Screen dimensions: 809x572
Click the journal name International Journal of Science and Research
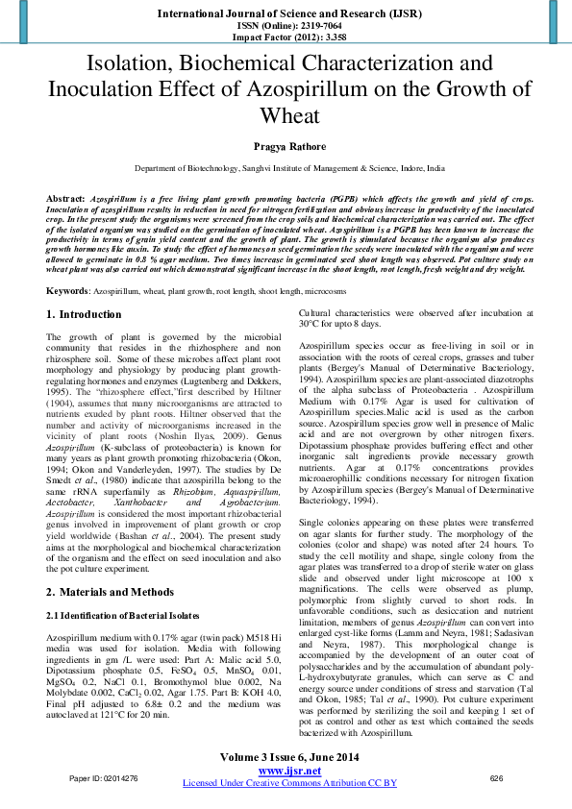pyautogui.click(x=286, y=12)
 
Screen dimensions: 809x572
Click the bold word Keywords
pyautogui.click(x=68, y=289)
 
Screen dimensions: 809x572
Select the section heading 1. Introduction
pyautogui.click(x=84, y=314)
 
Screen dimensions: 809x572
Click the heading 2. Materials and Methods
pyautogui.click(x=111, y=592)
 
